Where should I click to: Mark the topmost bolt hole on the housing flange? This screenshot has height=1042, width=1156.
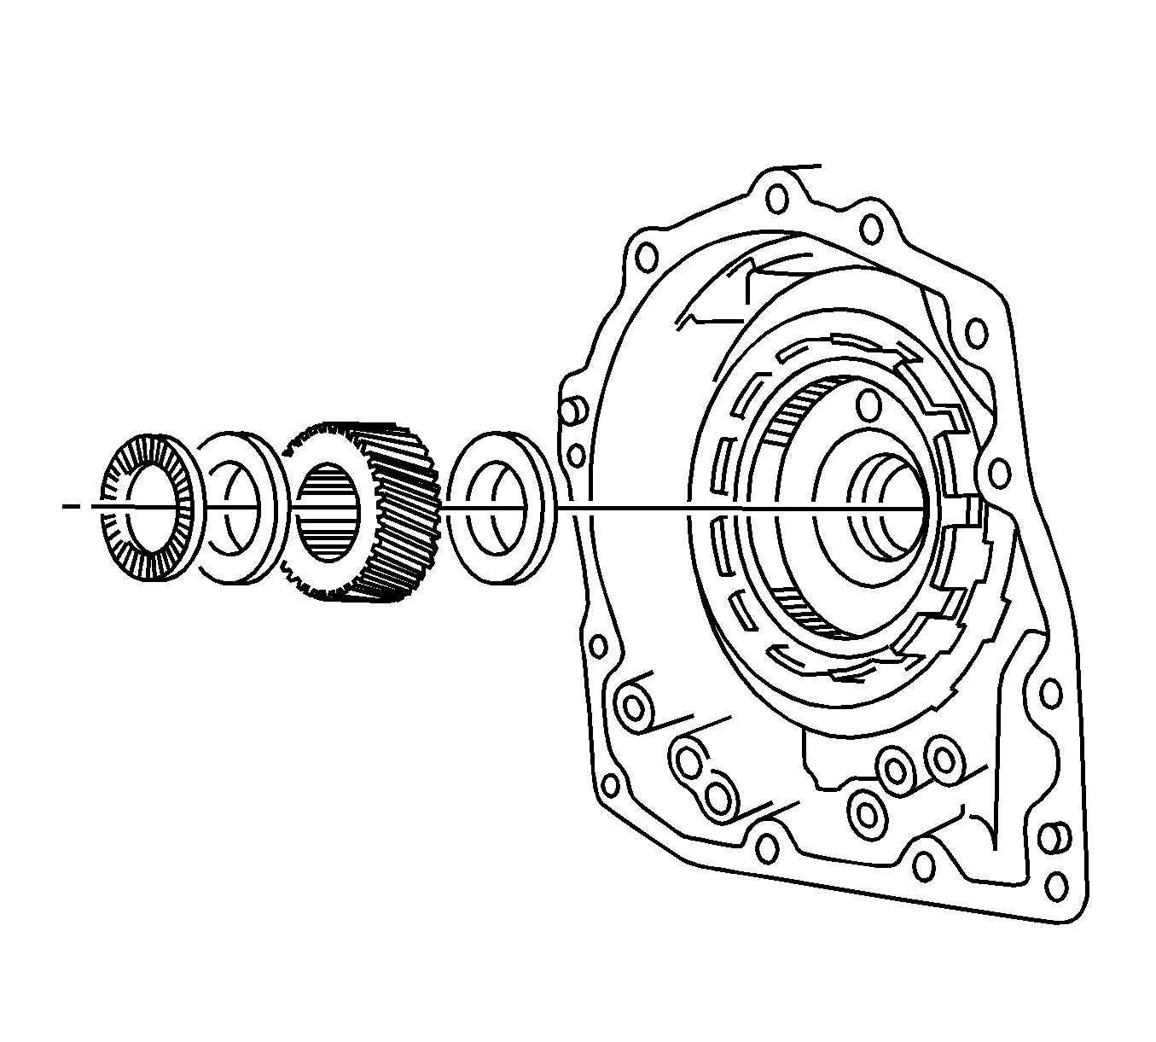[776, 199]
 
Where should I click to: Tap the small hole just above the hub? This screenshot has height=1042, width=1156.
[868, 404]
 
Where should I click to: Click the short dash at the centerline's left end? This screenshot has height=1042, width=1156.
[72, 507]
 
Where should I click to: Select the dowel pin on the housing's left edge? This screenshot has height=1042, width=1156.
[572, 409]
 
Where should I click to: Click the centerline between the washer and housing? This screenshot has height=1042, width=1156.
[623, 509]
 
